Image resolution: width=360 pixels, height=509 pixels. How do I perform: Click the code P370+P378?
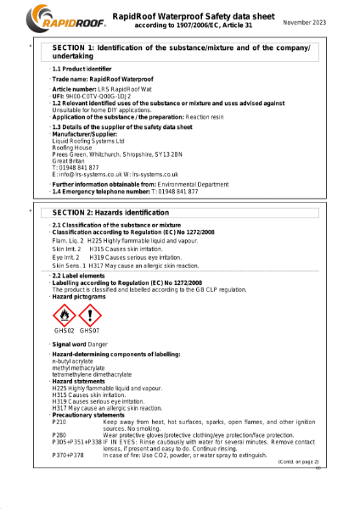[x=68, y=456]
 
